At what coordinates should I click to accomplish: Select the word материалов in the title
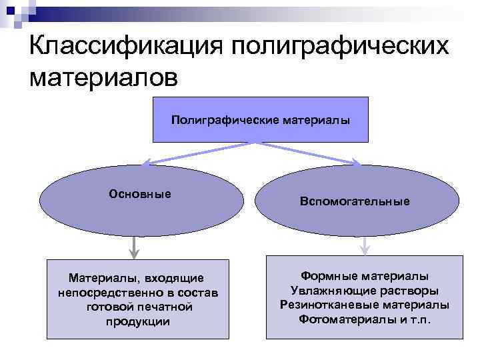pyautogui.click(x=103, y=78)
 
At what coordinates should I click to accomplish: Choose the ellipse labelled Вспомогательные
pyautogui.click(x=357, y=200)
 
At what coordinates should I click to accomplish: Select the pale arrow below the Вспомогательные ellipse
pyautogui.click(x=364, y=245)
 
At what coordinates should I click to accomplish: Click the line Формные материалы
pyautogui.click(x=365, y=276)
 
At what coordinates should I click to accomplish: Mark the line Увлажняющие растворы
pyautogui.click(x=365, y=291)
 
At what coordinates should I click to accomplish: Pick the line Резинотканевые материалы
pyautogui.click(x=365, y=305)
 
